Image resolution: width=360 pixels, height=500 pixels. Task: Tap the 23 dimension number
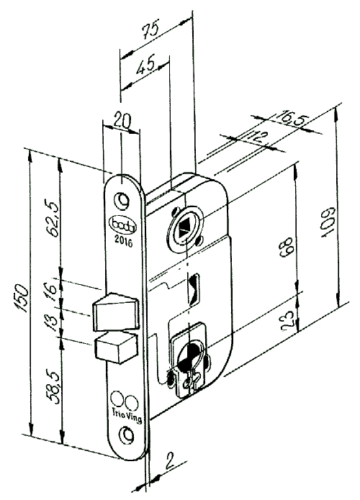[287, 317]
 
